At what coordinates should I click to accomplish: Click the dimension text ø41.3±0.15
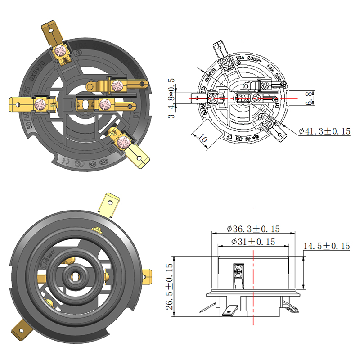tap(324, 131)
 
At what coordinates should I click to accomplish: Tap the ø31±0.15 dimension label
tap(253, 241)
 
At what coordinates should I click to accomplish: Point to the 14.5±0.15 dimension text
tap(327, 246)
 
